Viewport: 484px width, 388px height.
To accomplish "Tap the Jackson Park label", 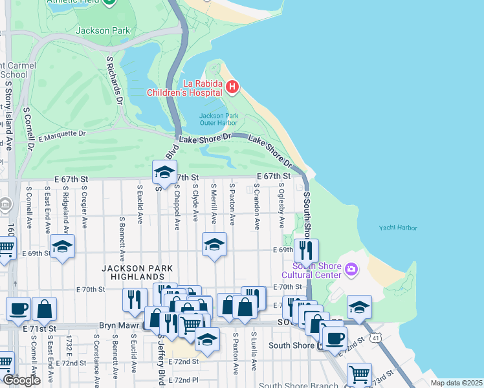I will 103,30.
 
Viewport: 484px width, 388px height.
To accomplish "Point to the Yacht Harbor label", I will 398,228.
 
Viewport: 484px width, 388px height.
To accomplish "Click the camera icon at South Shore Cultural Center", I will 351,268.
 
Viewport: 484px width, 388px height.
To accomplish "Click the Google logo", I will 21,380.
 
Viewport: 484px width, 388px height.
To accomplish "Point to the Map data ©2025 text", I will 456,383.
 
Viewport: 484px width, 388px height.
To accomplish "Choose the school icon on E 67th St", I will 164,172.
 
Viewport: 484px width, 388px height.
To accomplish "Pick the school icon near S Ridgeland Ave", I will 63,246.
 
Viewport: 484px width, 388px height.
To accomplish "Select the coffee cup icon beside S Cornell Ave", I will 18,308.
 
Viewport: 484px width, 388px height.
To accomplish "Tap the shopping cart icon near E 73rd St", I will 359,374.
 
